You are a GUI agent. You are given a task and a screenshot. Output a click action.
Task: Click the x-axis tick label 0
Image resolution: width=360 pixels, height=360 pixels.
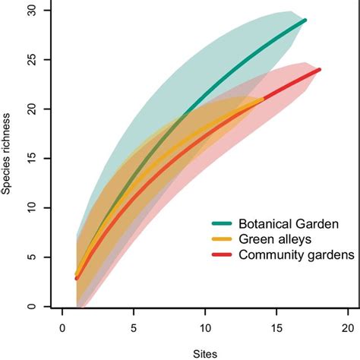tap(62, 330)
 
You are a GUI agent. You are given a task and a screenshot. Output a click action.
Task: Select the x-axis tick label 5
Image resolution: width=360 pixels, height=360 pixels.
tap(134, 330)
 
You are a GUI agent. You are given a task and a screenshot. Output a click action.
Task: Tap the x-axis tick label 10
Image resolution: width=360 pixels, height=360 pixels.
tap(205, 330)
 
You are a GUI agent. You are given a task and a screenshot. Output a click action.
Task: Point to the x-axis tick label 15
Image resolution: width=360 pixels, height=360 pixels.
tap(276, 330)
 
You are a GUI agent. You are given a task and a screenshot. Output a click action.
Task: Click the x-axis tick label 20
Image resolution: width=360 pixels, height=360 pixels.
tap(348, 330)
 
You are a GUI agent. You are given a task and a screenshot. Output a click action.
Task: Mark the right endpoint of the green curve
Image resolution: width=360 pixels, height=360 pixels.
tap(305, 21)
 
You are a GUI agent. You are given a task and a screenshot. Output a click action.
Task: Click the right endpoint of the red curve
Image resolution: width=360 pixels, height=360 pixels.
tap(319, 70)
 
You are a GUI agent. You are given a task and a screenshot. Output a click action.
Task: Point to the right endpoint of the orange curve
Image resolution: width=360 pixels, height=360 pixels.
tap(262, 99)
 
